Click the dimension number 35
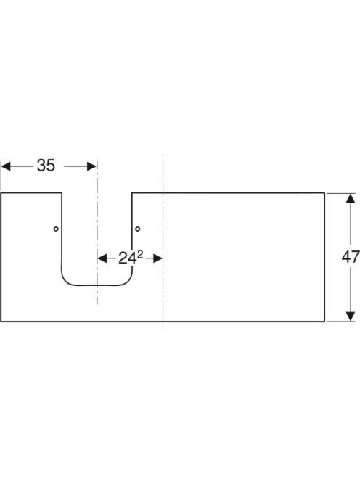[46, 166]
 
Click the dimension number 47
[351, 257]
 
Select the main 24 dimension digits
[127, 259]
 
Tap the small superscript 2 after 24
[140, 255]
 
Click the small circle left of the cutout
[56, 229]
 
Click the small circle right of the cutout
[138, 229]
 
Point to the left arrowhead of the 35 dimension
[6, 166]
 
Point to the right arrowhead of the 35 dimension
[92, 166]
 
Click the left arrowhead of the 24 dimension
[102, 258]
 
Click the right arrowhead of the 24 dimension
[157, 258]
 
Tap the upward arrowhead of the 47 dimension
[351, 198]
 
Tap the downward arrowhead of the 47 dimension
[351, 316]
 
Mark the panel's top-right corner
[324, 193]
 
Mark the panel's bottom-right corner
[324, 322]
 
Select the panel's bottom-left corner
[1, 322]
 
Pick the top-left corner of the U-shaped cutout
[62, 193]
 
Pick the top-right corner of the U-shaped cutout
[132, 193]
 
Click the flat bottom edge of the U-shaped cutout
[97, 285]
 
